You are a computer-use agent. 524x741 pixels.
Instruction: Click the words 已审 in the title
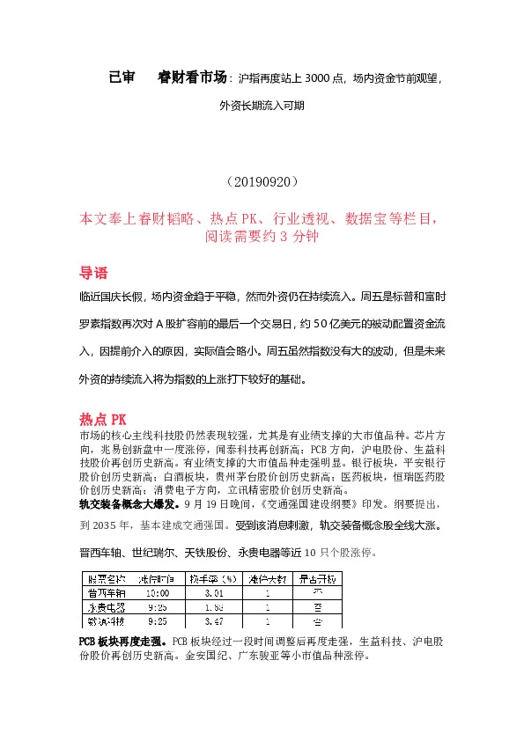pos(122,77)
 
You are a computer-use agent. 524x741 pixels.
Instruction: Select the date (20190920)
pos(262,182)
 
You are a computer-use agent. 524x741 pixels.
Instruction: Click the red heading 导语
pos(93,271)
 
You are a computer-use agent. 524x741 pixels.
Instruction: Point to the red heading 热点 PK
pos(103,418)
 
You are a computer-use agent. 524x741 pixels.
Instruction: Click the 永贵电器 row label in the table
pos(107,606)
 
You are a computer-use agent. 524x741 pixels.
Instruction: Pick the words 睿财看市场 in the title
pos(192,77)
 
